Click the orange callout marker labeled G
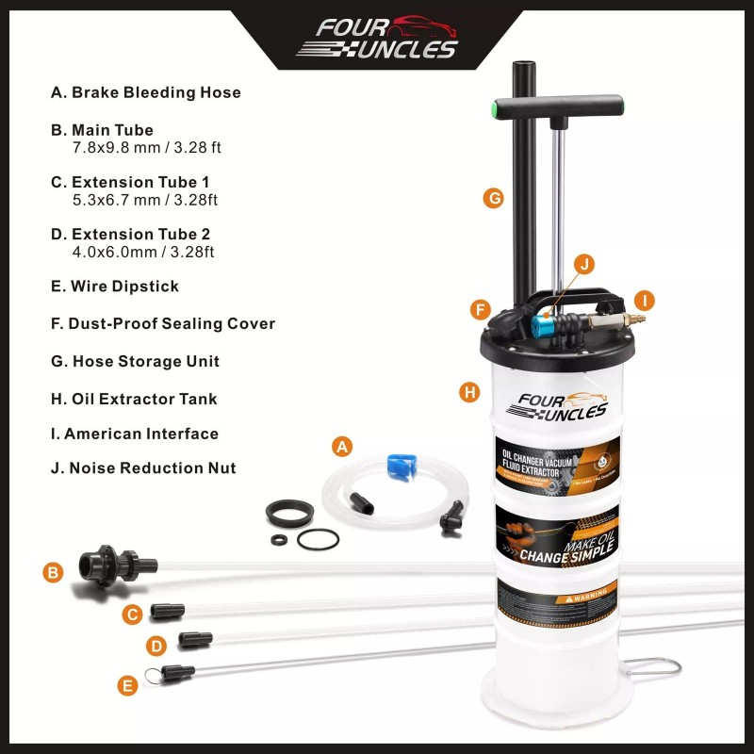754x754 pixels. (x=492, y=198)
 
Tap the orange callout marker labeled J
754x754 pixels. (x=584, y=265)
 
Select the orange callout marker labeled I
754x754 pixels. (x=645, y=302)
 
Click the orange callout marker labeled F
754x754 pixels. (x=481, y=309)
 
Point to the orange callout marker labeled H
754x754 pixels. (x=469, y=392)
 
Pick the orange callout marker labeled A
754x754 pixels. (x=343, y=446)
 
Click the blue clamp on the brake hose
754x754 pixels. (x=401, y=466)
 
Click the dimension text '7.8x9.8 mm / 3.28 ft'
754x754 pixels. (x=146, y=148)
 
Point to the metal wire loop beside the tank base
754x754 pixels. (x=658, y=666)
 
